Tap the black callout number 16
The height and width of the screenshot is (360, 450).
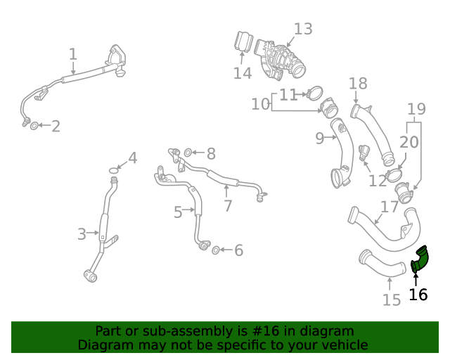click(x=418, y=295)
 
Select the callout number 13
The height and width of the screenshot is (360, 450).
click(x=302, y=30)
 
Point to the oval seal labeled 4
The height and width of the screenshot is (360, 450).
click(x=114, y=170)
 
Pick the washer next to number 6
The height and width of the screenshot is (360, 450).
click(x=217, y=250)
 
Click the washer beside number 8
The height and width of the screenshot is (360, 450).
click(x=188, y=153)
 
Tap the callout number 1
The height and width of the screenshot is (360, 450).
click(x=73, y=54)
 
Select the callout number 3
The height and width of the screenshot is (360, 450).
click(x=82, y=233)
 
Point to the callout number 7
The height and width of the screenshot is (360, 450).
click(x=227, y=206)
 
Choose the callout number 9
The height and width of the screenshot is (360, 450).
click(x=319, y=139)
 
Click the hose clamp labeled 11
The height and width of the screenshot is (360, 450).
click(x=314, y=93)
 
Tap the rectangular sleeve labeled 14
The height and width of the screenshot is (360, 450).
click(x=243, y=41)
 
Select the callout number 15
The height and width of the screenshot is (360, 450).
click(x=391, y=300)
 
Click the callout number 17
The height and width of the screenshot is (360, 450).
click(x=390, y=207)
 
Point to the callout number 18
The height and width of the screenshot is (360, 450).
click(x=358, y=84)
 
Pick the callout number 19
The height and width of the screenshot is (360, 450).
click(x=416, y=109)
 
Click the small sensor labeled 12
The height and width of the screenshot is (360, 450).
click(x=364, y=153)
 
